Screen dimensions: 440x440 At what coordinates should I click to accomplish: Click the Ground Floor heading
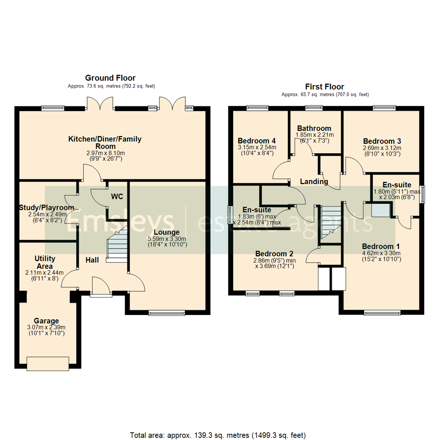point(110,78)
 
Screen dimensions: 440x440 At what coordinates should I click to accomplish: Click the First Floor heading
point(325,87)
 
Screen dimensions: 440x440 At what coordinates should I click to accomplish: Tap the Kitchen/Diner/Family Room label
point(105,143)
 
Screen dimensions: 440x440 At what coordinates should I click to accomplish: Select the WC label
point(118,196)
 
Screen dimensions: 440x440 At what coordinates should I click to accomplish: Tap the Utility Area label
point(45,262)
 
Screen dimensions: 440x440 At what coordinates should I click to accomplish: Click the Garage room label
point(46,321)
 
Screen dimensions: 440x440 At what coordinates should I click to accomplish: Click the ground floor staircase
point(117,244)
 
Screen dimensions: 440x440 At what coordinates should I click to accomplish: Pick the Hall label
point(92,260)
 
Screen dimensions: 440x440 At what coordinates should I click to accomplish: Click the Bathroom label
point(314,128)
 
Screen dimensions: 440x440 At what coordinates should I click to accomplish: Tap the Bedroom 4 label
point(257,141)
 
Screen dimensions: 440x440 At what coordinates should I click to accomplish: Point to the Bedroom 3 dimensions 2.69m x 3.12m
point(382,148)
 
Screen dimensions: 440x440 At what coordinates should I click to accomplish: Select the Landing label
point(314,182)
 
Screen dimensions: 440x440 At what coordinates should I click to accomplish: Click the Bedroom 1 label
point(381,246)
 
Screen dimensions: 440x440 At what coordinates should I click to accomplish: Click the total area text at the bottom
point(218,423)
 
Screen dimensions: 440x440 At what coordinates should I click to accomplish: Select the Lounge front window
point(167,313)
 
